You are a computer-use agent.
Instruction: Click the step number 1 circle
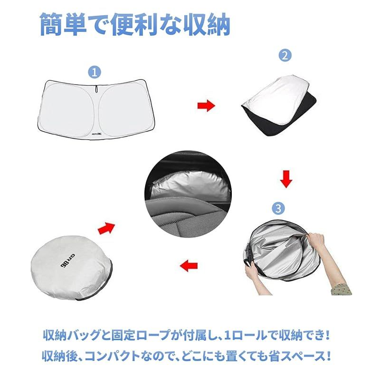point(95,72)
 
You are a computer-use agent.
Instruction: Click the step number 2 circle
point(285,55)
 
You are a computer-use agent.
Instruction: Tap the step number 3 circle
point(278,208)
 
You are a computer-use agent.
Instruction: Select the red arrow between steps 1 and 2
point(206,105)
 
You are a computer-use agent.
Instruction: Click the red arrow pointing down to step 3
point(286,180)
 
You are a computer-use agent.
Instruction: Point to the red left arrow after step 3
point(189,266)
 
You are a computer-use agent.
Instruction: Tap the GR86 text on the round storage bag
point(67,260)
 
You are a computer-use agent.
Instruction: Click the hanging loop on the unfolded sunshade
point(96,89)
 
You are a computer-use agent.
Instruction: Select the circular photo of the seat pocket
point(188,194)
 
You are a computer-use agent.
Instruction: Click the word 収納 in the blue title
point(207,25)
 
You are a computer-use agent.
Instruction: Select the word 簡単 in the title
point(63,25)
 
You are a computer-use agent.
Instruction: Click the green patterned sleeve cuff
point(341,288)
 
